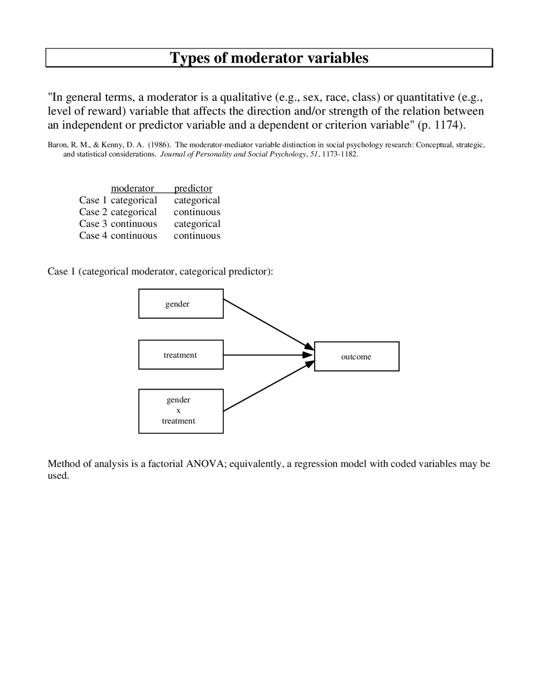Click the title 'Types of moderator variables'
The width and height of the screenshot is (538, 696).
tap(269, 58)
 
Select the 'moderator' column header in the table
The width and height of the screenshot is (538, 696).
tap(132, 188)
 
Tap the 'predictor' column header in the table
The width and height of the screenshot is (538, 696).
tap(193, 188)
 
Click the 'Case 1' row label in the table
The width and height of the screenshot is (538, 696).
tap(93, 200)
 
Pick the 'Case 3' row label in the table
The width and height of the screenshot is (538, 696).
tap(93, 224)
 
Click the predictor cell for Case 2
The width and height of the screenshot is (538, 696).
tap(197, 212)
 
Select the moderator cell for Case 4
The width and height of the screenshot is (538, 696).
tap(134, 235)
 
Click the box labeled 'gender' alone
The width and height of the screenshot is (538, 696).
tap(181, 303)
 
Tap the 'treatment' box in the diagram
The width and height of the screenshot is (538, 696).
tap(181, 355)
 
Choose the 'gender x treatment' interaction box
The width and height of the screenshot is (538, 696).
tap(181, 411)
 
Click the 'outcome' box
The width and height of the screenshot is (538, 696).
tap(356, 356)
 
